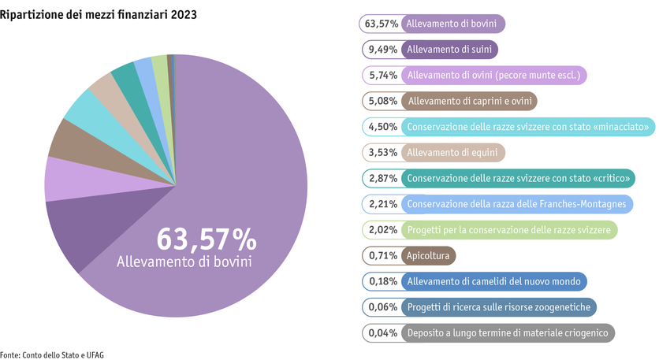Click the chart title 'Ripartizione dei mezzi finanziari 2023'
click(x=99, y=15)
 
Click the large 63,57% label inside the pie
click(x=206, y=239)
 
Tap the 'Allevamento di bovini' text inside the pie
click(x=184, y=262)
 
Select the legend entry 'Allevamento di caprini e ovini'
click(x=470, y=101)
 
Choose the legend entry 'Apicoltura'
click(x=428, y=255)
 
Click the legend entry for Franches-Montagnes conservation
click(x=516, y=204)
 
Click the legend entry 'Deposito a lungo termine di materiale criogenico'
click(x=507, y=333)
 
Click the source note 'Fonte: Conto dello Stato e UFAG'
click(x=52, y=354)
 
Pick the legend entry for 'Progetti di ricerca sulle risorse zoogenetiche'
click(x=501, y=307)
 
